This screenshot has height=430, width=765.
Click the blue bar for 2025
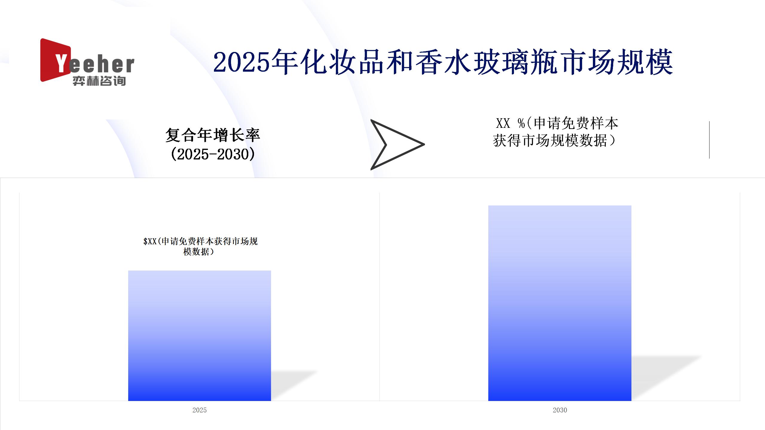click(x=200, y=336)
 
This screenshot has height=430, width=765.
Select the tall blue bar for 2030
click(x=560, y=303)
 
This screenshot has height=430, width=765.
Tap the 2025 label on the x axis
click(x=200, y=410)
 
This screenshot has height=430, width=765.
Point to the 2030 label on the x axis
click(x=560, y=410)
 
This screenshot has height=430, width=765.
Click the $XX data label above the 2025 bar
click(x=200, y=246)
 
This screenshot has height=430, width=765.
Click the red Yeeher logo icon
click(x=55, y=60)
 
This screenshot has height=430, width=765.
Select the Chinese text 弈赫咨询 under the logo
click(x=99, y=81)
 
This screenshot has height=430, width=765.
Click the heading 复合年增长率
click(x=213, y=135)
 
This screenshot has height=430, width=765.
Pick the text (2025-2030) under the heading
click(x=213, y=154)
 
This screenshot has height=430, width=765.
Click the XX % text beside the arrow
click(x=511, y=123)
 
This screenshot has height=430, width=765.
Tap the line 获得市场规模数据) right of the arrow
click(x=555, y=141)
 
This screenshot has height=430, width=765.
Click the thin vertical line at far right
click(x=709, y=140)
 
